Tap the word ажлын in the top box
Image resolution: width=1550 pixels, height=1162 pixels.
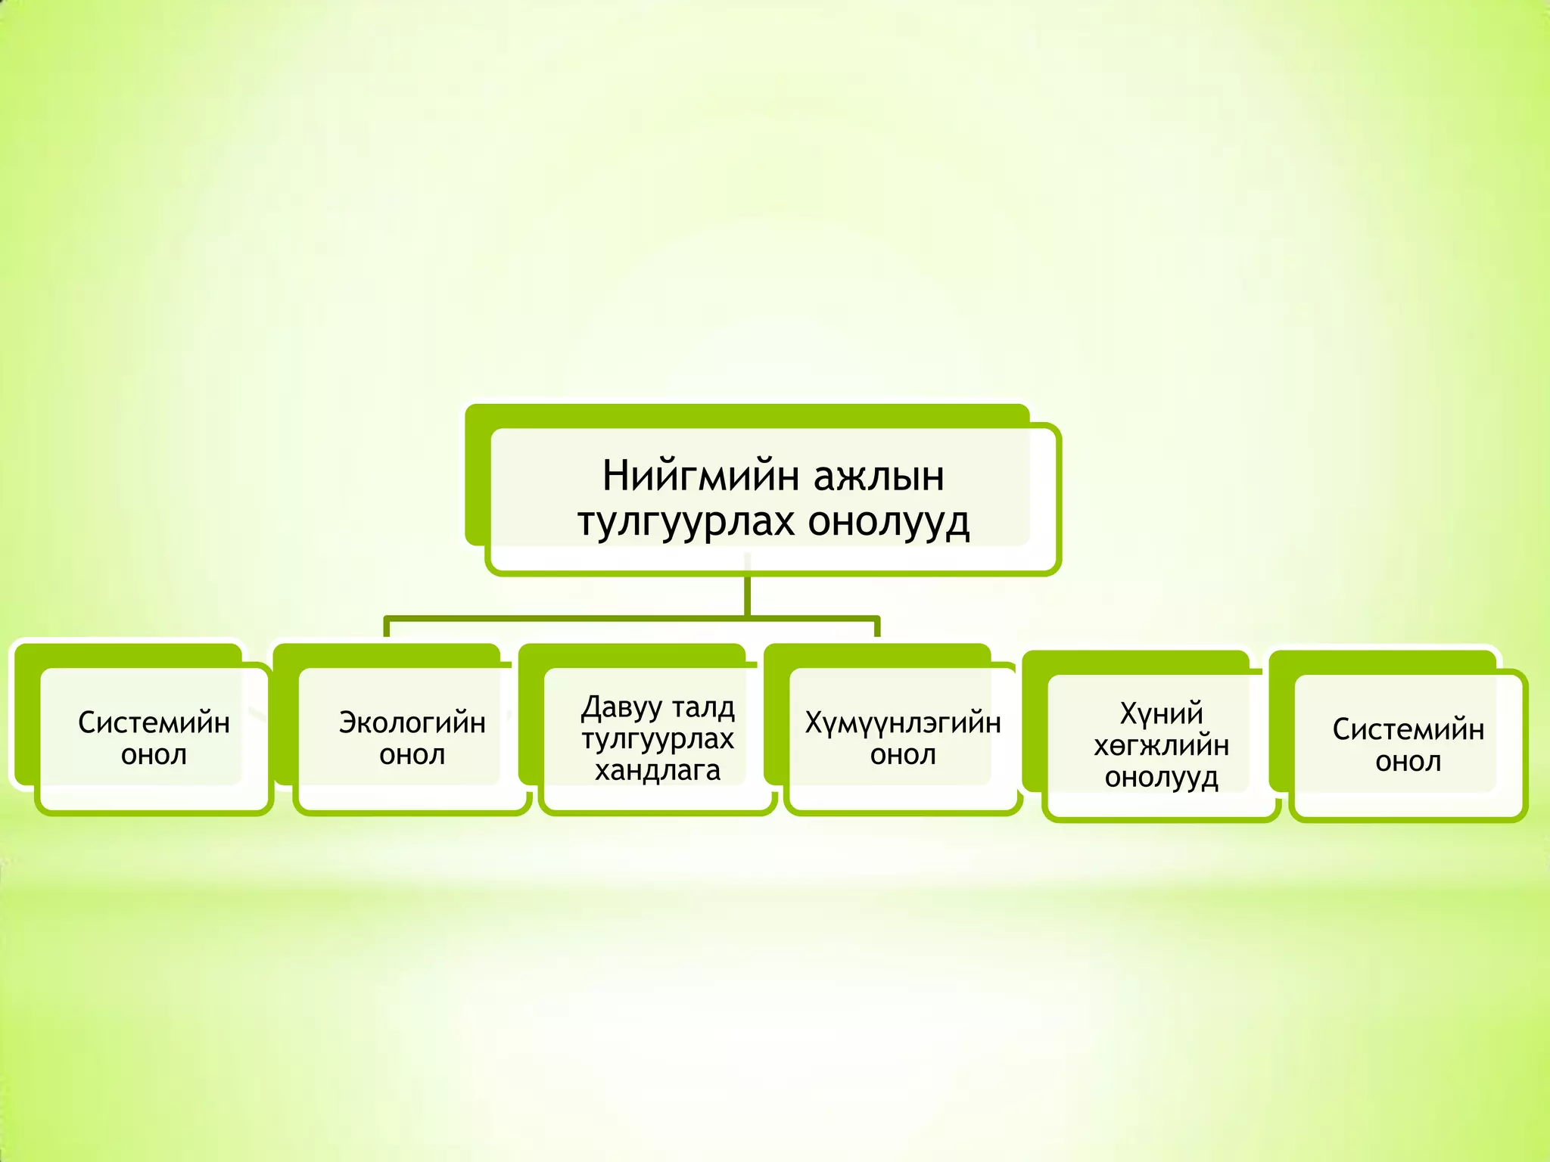tap(879, 477)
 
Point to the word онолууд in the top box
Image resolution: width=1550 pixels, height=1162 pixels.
tap(889, 522)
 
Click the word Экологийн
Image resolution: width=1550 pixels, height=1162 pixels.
tap(412, 722)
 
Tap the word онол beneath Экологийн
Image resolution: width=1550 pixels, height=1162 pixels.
tap(412, 755)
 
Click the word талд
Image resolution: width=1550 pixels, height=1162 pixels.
tap(703, 707)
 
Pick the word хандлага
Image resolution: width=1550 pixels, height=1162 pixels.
tap(657, 771)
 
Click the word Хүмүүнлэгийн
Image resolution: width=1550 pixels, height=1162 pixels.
tap(902, 722)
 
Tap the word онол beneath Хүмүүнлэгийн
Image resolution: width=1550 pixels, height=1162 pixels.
tap(902, 755)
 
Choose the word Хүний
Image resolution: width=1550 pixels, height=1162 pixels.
tap(1161, 713)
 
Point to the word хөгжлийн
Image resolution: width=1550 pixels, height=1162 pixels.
tap(1161, 746)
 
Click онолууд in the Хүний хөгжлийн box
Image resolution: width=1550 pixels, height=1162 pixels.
tap(1161, 778)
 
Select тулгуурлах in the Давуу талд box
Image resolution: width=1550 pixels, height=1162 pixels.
tap(657, 739)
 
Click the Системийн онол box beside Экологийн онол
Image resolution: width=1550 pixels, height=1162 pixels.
tap(154, 738)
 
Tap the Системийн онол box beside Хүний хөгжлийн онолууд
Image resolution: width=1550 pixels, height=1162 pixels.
tap(1408, 745)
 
